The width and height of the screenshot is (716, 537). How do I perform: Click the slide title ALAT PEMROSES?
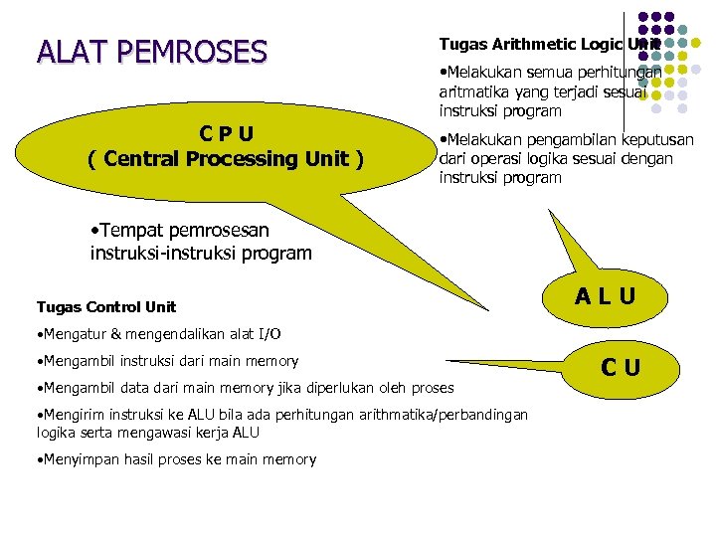coord(152,51)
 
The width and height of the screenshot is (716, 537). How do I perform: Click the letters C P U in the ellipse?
coord(225,133)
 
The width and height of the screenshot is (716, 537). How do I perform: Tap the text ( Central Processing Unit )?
coord(225,158)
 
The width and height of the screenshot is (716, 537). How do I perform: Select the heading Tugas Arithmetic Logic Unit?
coord(549,45)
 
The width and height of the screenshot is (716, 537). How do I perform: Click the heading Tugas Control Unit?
coord(105,306)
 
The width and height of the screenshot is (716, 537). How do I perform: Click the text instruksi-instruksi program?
coord(200,253)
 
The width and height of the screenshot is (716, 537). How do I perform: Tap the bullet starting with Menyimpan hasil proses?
coord(176,459)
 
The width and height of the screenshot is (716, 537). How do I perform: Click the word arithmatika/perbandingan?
coord(450,414)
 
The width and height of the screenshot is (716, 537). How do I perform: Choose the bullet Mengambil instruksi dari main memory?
coord(168,361)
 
